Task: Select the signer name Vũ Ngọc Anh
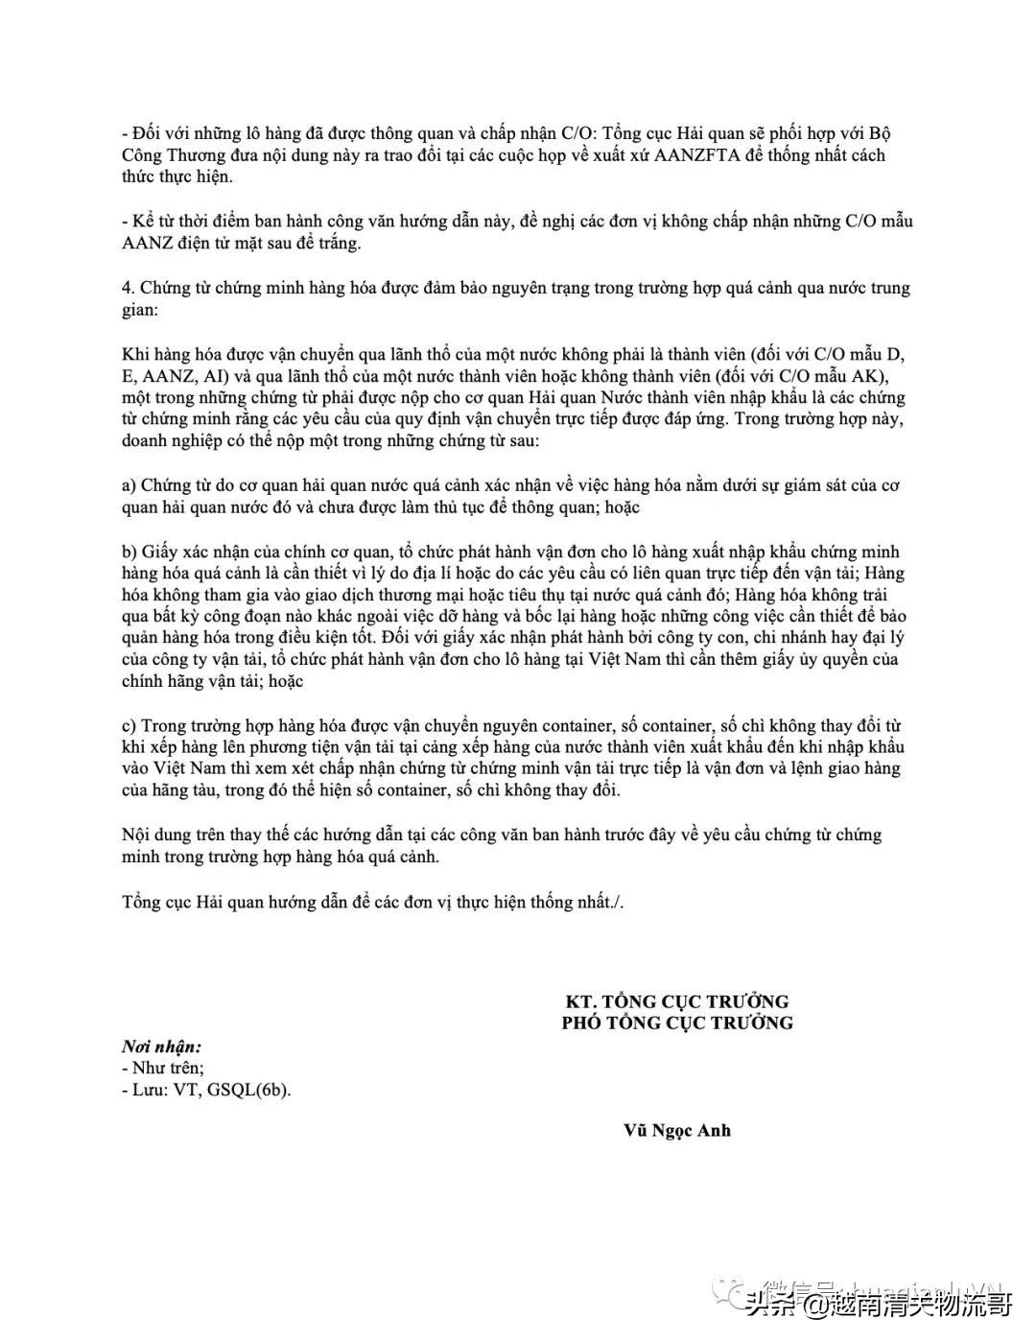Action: pos(677,1130)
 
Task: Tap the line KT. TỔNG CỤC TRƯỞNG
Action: pos(677,1001)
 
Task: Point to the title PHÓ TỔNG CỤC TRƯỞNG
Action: pos(677,1023)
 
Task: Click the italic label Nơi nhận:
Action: pos(161,1047)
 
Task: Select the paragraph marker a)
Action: pos(129,485)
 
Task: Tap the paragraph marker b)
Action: pos(129,552)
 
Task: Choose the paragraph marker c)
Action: pos(129,725)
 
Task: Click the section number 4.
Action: pos(129,288)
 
